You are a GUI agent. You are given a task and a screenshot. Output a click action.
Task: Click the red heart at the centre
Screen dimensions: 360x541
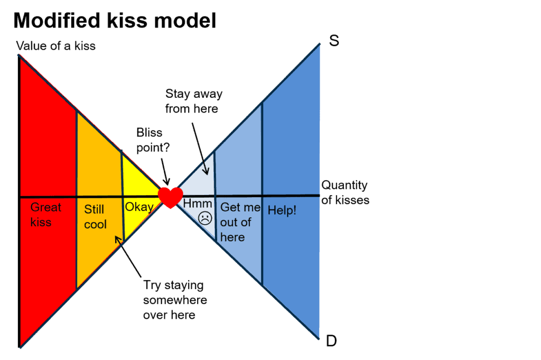pos(171,198)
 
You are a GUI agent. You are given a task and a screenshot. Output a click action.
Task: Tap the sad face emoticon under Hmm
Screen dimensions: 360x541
pos(205,217)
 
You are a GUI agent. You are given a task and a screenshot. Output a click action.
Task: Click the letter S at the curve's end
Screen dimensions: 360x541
pos(334,41)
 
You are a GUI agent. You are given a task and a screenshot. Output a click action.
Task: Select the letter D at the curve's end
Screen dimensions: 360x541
pos(331,341)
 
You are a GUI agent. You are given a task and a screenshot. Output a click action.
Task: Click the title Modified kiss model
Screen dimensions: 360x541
pos(114,21)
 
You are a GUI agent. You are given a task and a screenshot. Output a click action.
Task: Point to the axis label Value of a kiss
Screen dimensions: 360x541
pos(56,46)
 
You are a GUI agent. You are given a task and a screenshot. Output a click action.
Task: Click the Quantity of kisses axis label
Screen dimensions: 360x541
pos(344,192)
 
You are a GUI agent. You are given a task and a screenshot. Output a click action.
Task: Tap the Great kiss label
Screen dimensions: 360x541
pos(45,214)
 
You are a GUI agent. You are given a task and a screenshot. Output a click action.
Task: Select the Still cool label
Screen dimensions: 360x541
pos(95,217)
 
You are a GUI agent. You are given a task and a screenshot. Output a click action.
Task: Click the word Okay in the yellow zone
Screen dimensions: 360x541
pos(138,207)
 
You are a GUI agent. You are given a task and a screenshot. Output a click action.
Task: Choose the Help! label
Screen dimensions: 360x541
pos(282,210)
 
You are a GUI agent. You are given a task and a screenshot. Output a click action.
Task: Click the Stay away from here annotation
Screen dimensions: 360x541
pos(193,101)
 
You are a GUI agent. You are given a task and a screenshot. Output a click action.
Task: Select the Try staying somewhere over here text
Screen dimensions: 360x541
pos(174,300)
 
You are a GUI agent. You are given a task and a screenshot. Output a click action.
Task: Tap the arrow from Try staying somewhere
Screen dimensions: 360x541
pos(128,257)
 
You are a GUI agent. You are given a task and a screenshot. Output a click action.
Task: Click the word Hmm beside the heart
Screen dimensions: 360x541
pos(197,204)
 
